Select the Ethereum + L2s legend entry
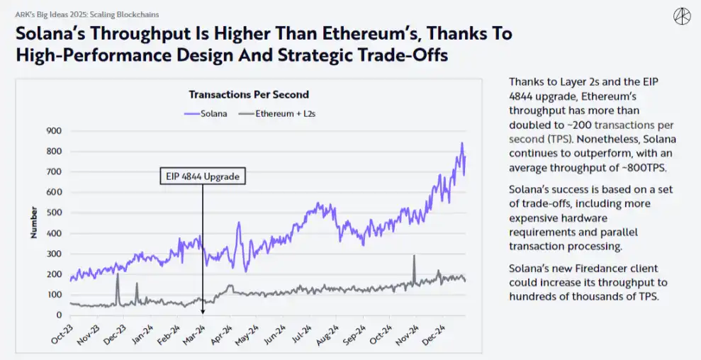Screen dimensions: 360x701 (277, 113)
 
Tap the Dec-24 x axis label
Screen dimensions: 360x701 (434, 334)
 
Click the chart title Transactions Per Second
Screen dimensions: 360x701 (249, 94)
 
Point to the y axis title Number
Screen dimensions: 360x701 (33, 223)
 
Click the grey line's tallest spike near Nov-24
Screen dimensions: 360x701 (414, 256)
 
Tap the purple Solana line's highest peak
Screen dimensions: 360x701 (462, 143)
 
